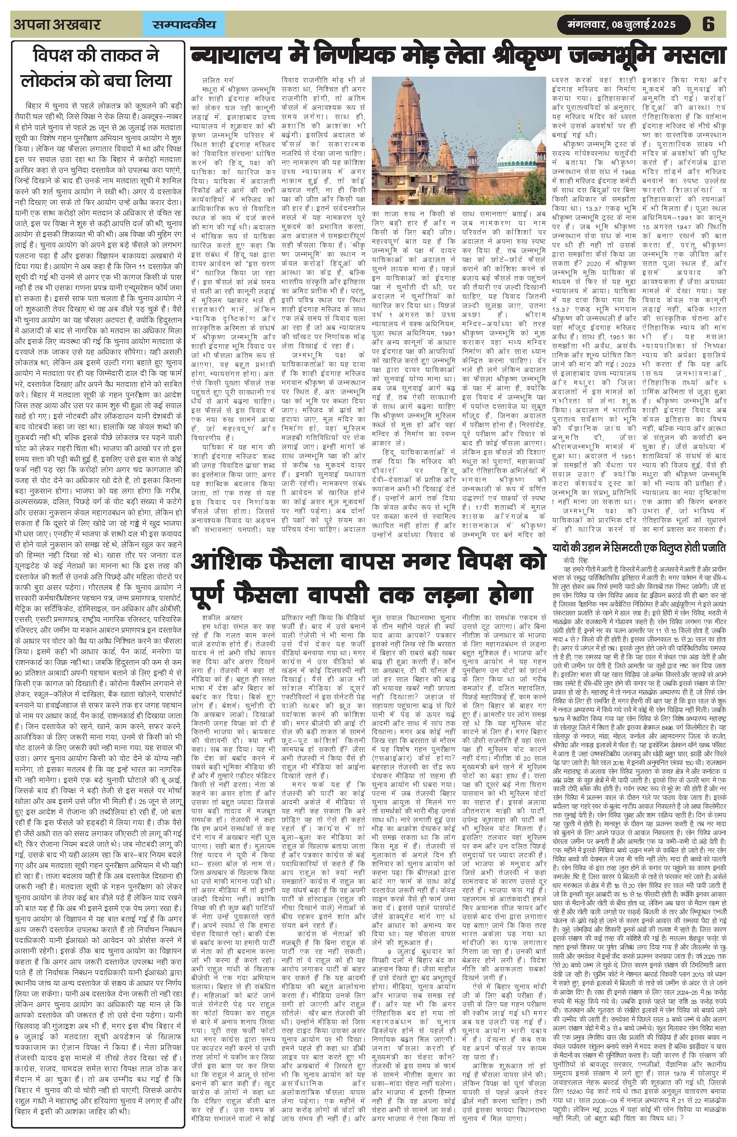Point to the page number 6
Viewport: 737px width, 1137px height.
(x=708, y=24)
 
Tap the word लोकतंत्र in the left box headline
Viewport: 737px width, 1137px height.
(x=54, y=80)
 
